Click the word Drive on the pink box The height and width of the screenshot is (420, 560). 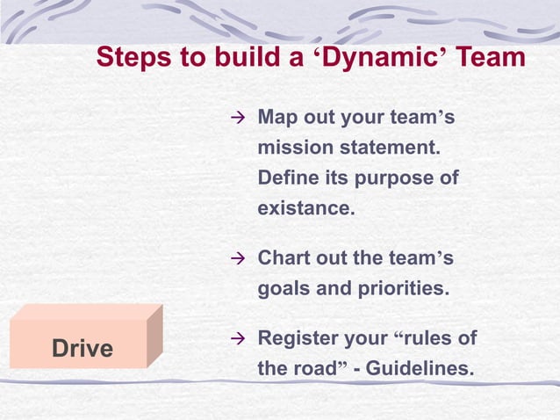83,349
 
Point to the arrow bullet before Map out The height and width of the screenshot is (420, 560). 235,118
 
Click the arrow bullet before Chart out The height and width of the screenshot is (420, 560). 235,259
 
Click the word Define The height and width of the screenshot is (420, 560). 286,178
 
